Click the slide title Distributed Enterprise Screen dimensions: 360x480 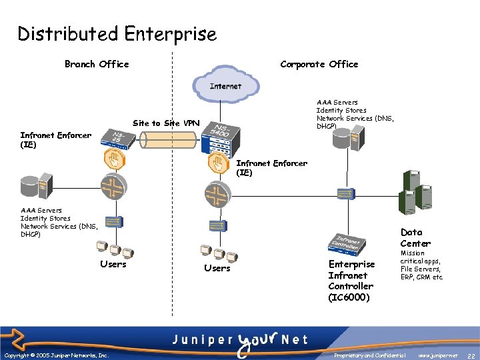click(x=117, y=34)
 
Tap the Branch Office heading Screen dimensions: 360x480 click(x=97, y=64)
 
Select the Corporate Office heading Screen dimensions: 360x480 click(x=319, y=64)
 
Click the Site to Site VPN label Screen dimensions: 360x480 click(x=166, y=123)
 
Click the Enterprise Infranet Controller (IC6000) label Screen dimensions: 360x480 click(x=351, y=280)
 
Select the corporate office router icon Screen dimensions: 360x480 click(x=218, y=194)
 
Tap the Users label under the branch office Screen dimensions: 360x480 click(x=113, y=264)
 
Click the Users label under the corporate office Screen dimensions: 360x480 click(x=217, y=268)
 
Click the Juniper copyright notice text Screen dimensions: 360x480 click(x=57, y=355)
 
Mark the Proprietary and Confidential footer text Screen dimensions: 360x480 click(x=371, y=355)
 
